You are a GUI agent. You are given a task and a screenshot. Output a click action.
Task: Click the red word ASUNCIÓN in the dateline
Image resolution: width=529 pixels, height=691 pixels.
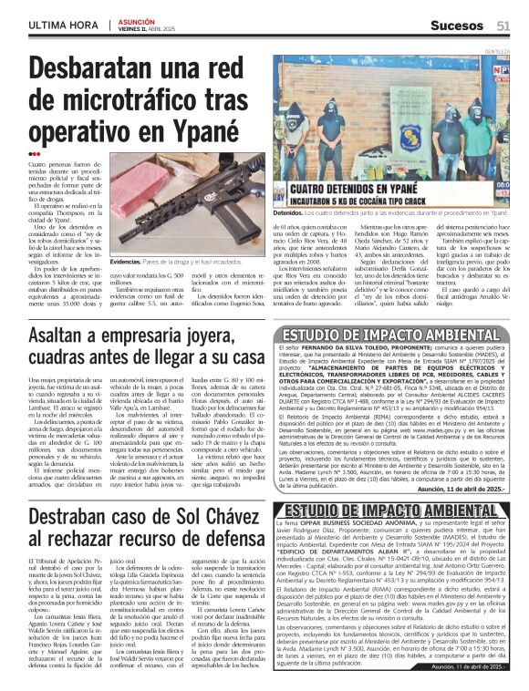coord(137,21)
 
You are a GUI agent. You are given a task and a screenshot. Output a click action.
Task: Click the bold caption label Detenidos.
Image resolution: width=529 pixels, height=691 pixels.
coord(296,211)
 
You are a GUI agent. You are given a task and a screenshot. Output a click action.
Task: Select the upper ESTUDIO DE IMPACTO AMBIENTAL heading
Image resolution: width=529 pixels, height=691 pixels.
coord(395,330)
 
